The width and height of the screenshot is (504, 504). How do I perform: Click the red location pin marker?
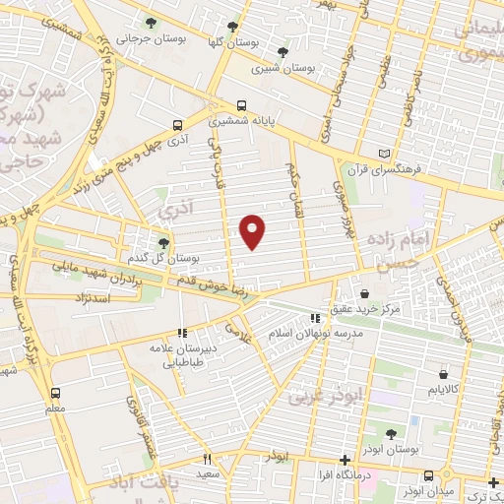[x=253, y=231]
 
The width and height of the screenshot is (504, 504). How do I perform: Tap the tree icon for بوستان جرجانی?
[x=150, y=22]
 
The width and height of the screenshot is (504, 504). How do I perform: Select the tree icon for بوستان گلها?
[x=232, y=28]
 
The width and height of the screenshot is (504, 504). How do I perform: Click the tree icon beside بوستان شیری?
[x=283, y=51]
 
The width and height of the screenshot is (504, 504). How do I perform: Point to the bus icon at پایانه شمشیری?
[x=242, y=103]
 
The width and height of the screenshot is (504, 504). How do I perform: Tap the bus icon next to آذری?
[x=177, y=125]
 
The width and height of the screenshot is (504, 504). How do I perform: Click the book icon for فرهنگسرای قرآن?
[x=397, y=154]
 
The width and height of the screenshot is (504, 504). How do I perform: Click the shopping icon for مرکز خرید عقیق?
[x=364, y=293]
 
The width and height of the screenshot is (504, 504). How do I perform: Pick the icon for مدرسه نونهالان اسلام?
[x=315, y=318]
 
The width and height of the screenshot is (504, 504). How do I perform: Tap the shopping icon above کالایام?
[x=444, y=374]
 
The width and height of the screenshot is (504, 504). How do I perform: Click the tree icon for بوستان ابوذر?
[x=391, y=434]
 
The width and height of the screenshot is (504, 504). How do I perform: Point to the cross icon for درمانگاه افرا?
[x=344, y=460]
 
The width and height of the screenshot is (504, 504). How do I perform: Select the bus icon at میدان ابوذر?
[x=409, y=486]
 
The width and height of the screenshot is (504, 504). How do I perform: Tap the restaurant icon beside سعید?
[x=207, y=458]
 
